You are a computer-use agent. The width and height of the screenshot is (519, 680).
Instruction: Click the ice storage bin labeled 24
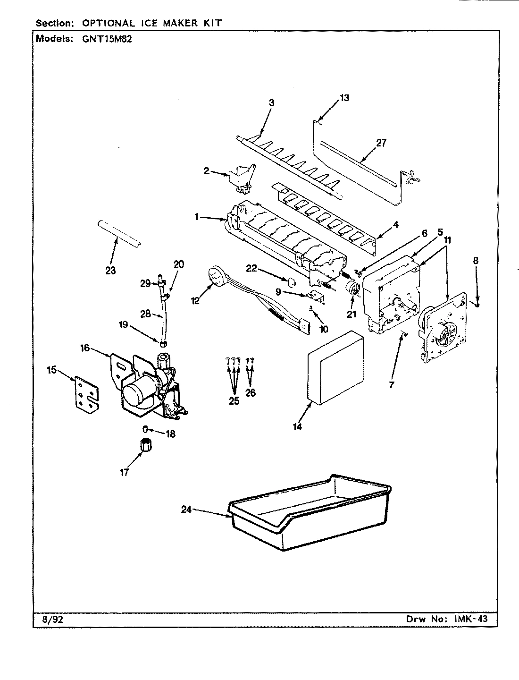309,517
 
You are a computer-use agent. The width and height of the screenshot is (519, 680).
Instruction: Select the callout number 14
297,425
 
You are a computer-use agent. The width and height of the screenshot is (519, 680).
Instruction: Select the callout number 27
380,143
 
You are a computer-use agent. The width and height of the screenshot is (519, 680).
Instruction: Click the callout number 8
476,260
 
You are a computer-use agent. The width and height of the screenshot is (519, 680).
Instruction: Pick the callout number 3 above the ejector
271,103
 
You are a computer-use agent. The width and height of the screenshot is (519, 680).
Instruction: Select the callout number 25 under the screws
234,401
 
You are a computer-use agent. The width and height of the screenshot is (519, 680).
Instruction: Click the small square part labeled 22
292,282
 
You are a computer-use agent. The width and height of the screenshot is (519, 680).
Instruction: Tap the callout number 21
351,314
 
